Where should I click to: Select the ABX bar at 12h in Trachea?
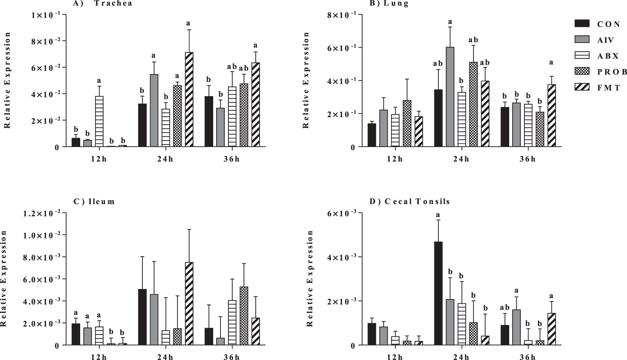pyautogui.click(x=99, y=122)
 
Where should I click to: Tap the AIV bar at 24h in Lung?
pyautogui.click(x=450, y=97)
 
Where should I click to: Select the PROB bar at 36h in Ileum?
pyautogui.click(x=244, y=316)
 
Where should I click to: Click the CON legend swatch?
pyautogui.click(x=581, y=24)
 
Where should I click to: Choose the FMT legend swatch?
pyautogui.click(x=581, y=87)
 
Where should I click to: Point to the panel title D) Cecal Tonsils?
pyautogui.click(x=410, y=201)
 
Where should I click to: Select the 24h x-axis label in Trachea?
pyautogui.click(x=165, y=159)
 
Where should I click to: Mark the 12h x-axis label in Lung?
pyautogui.click(x=395, y=159)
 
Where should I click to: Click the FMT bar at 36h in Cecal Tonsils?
pyautogui.click(x=551, y=329)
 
